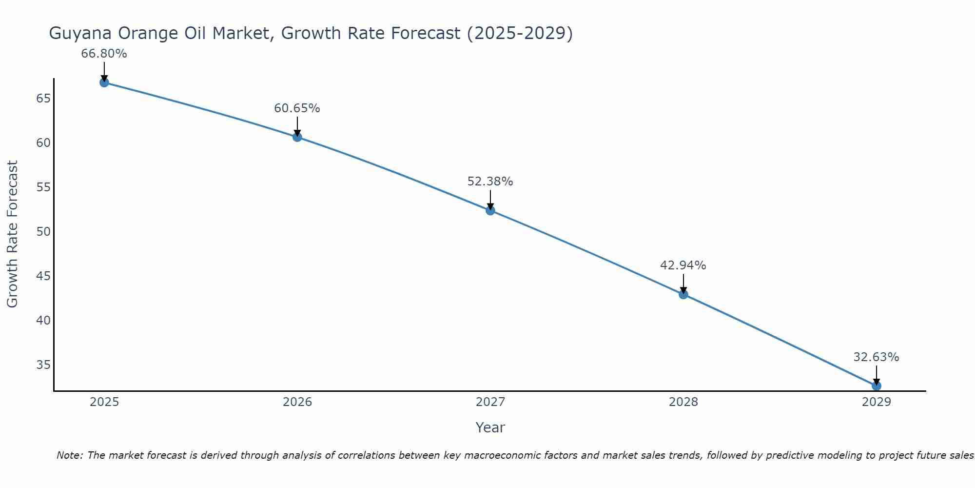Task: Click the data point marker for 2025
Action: point(104,82)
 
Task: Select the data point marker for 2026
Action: point(297,137)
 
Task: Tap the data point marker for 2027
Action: point(490,210)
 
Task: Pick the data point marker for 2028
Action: point(683,294)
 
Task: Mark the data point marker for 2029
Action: point(877,386)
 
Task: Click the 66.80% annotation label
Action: point(104,54)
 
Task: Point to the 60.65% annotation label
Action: point(297,108)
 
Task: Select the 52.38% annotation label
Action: point(490,182)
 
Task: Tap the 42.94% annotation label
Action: point(683,265)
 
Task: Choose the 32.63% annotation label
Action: point(876,357)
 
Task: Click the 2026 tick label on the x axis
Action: point(297,402)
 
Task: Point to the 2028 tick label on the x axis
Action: point(683,402)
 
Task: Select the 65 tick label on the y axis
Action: point(43,99)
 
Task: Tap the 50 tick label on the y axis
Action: point(43,232)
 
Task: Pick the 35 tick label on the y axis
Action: point(43,365)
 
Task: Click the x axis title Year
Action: point(490,427)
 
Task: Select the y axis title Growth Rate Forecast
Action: point(12,234)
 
